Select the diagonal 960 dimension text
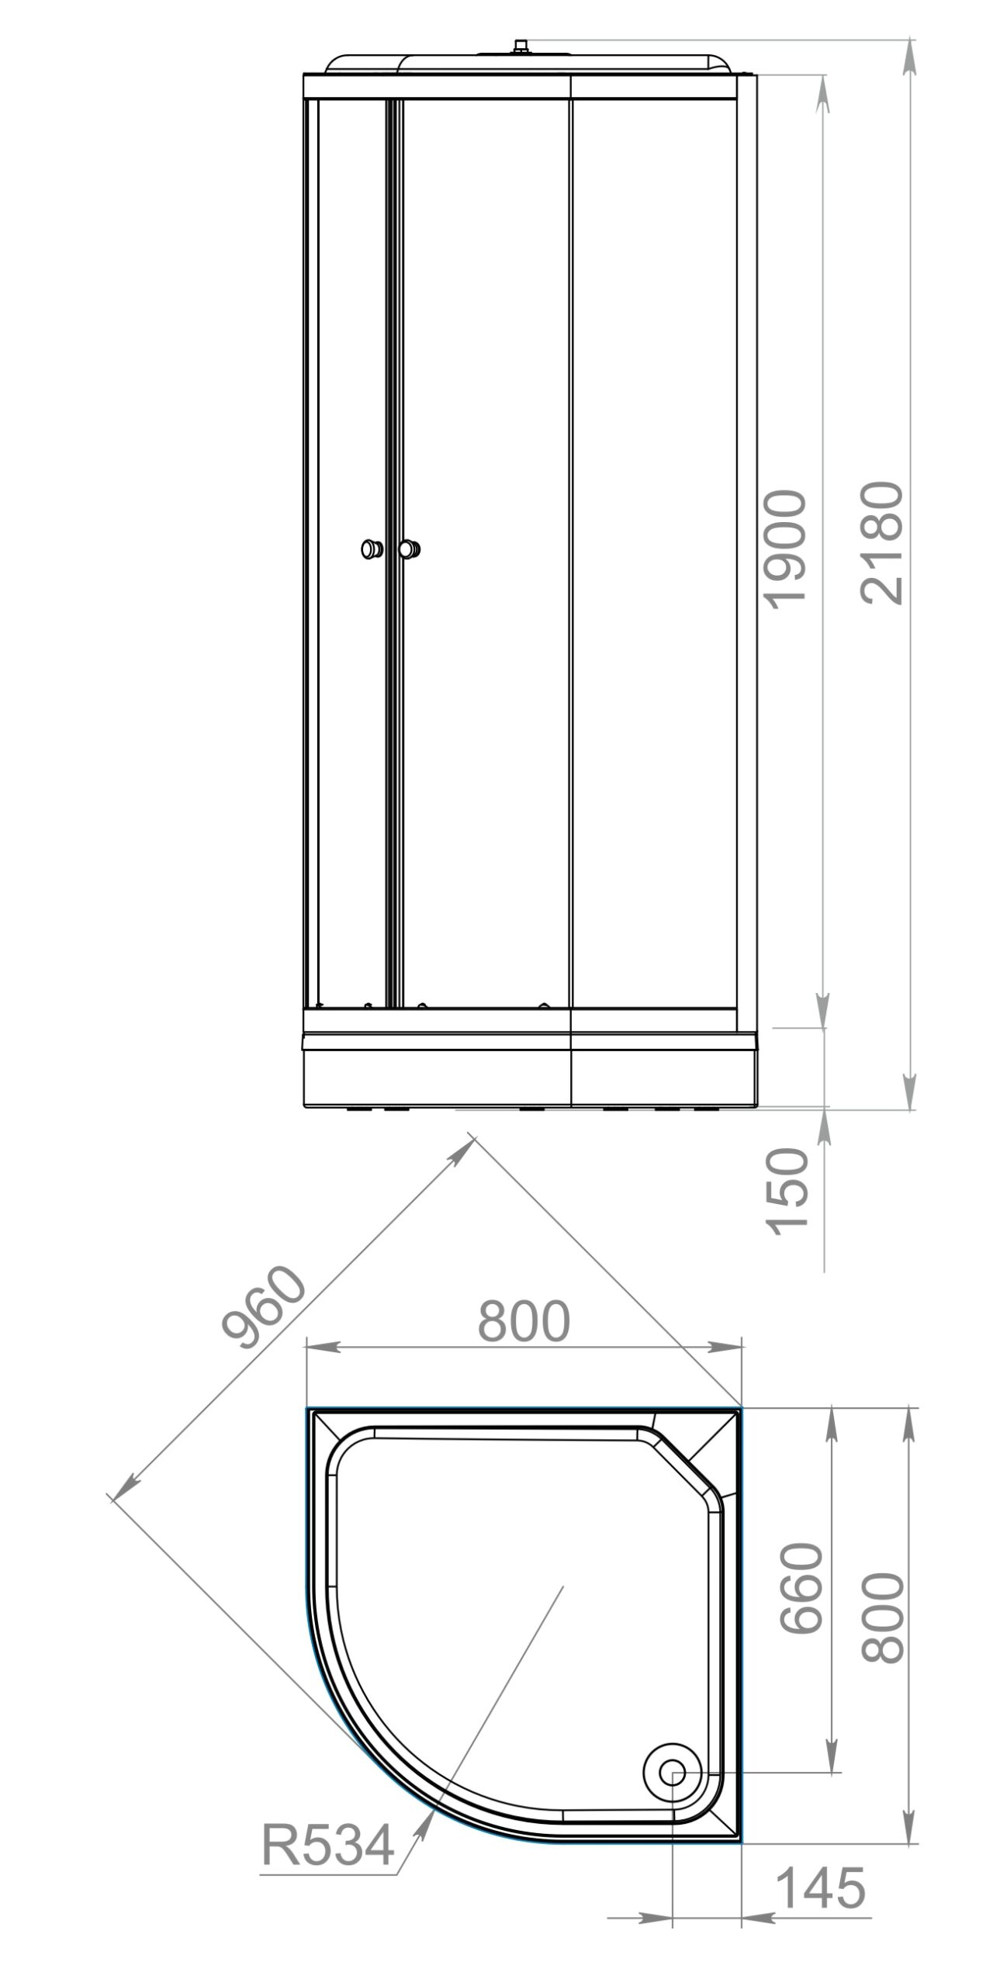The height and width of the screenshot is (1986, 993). (x=264, y=1310)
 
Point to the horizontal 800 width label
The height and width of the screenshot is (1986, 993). (x=524, y=1321)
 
